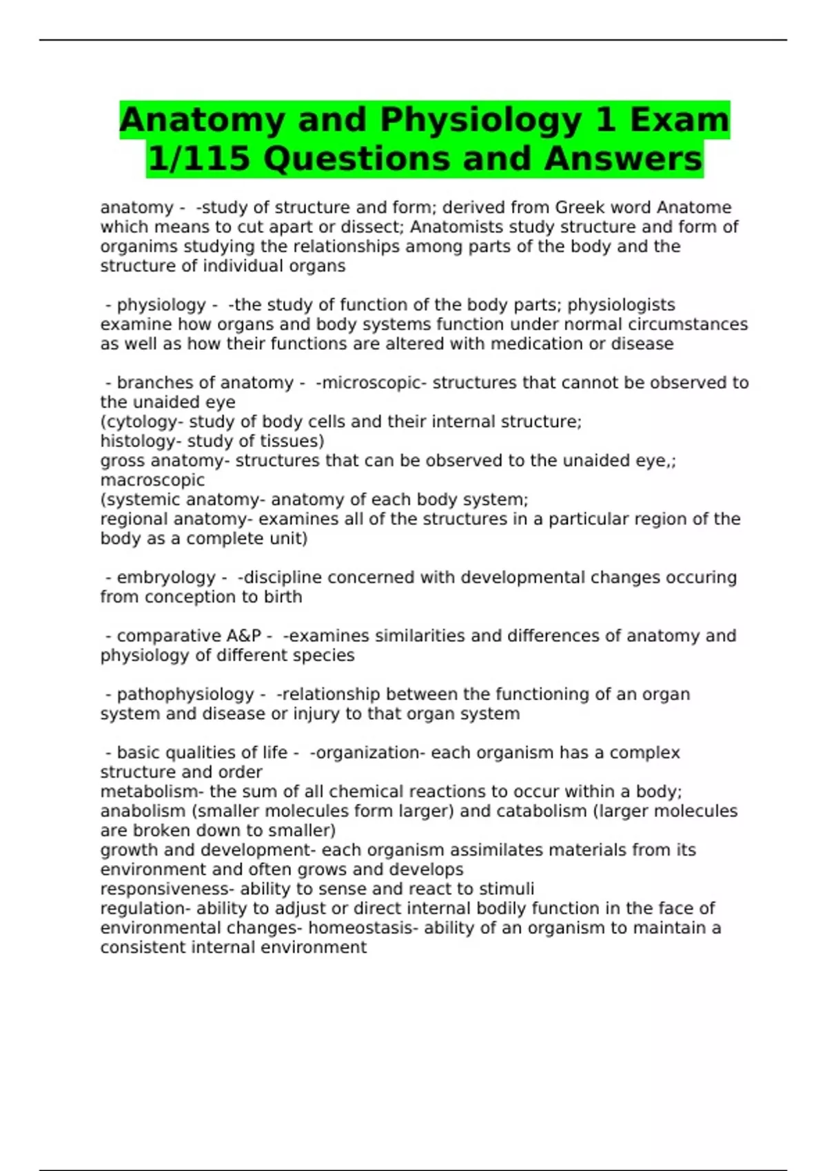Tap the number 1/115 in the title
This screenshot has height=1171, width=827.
click(198, 159)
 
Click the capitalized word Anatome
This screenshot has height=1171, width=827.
click(694, 207)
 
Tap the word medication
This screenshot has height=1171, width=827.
click(536, 344)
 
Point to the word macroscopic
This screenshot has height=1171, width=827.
click(152, 480)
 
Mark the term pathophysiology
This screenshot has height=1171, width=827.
click(185, 694)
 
